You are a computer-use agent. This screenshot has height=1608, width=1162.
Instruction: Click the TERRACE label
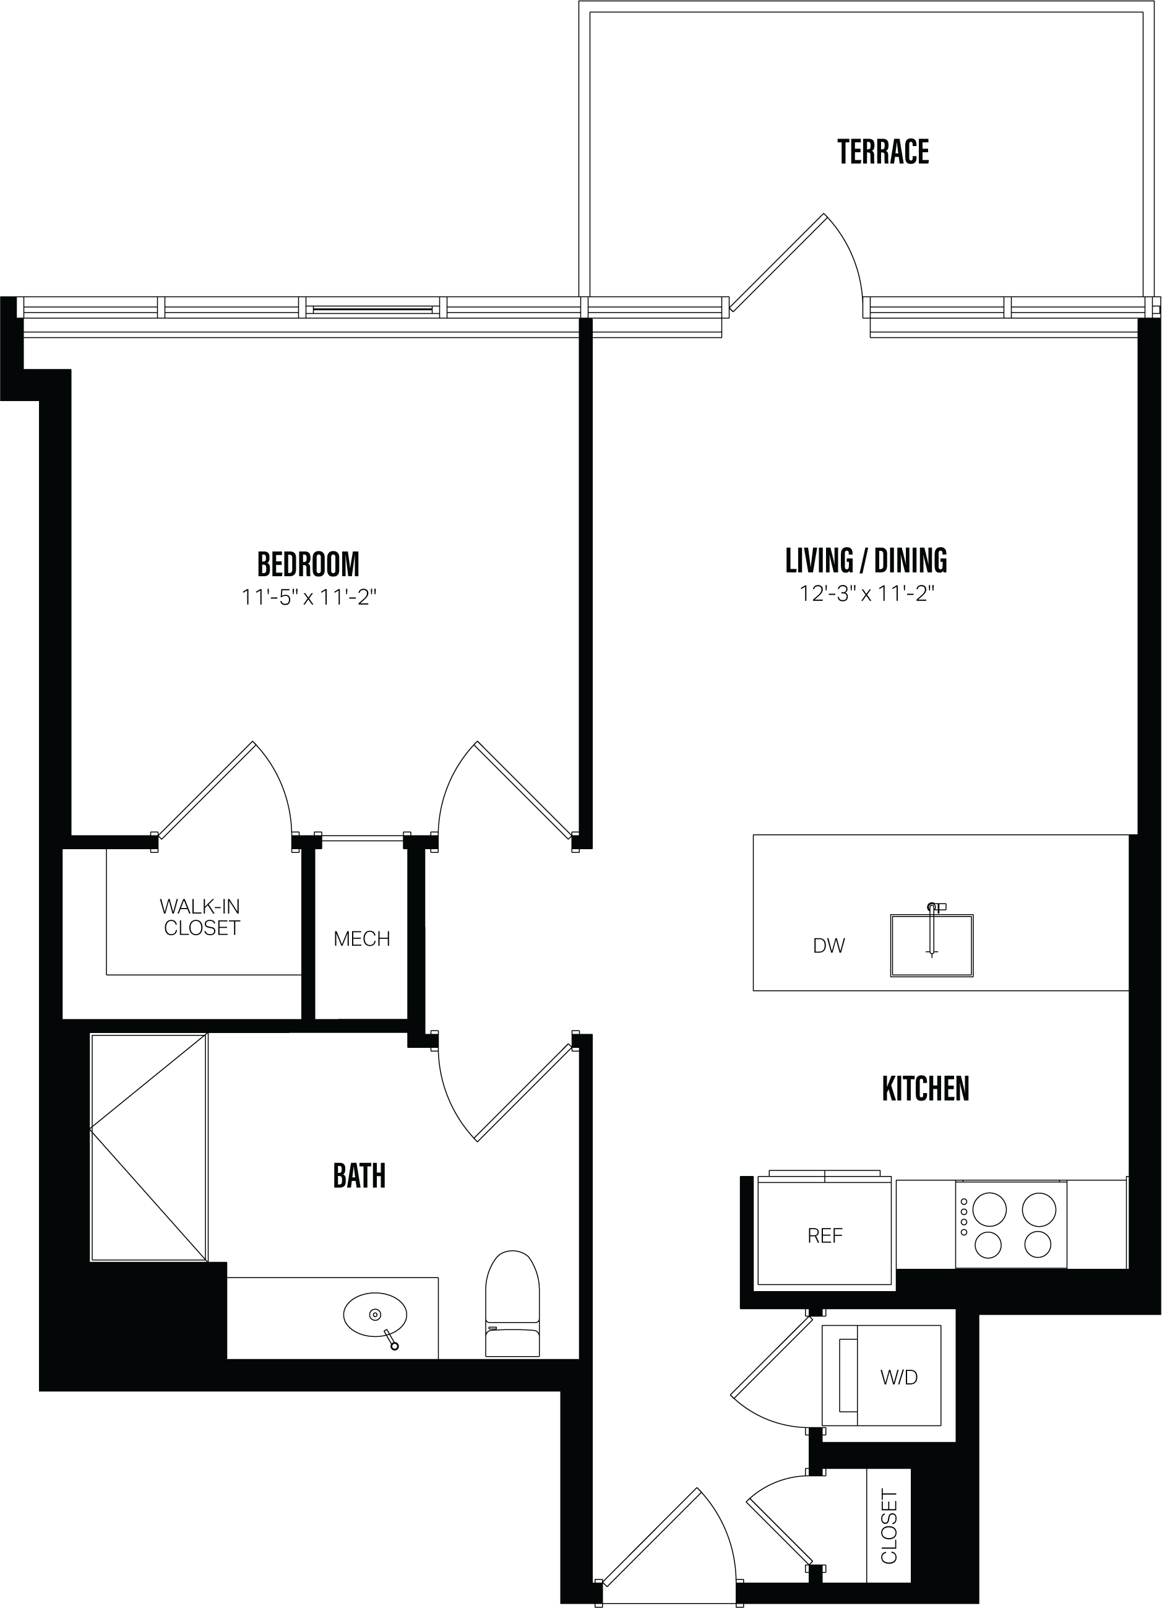click(x=883, y=152)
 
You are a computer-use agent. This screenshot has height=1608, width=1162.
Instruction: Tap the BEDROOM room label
click(x=308, y=564)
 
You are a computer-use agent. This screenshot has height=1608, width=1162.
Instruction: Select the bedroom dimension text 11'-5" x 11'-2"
click(x=308, y=598)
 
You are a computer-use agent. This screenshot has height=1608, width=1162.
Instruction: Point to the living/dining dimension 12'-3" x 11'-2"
click(x=866, y=594)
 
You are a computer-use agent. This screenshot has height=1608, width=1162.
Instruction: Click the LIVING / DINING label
click(x=866, y=560)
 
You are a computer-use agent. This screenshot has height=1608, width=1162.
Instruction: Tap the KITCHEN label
click(x=925, y=1088)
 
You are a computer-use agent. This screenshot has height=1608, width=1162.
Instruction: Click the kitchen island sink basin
click(x=932, y=946)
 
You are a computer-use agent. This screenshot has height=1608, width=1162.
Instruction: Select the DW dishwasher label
click(x=828, y=946)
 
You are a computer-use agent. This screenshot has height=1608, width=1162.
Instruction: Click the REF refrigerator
click(x=825, y=1236)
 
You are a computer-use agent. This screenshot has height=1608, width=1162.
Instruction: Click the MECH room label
click(x=361, y=939)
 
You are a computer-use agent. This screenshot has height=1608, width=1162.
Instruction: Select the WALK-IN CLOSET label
click(x=201, y=917)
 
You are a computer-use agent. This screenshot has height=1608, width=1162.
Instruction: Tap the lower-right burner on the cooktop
click(x=1038, y=1243)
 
